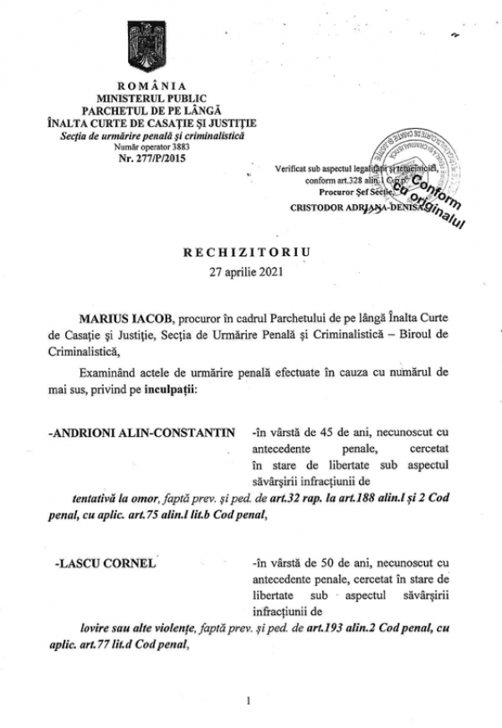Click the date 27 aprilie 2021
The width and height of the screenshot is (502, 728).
click(x=251, y=270)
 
